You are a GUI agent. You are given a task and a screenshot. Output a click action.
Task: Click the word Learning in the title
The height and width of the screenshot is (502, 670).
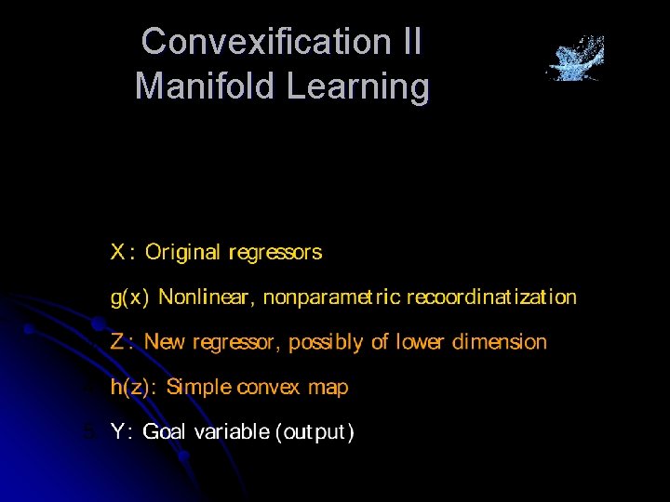(358, 86)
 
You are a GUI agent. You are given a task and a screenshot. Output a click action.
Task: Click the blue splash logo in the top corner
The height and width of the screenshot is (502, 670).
(575, 59)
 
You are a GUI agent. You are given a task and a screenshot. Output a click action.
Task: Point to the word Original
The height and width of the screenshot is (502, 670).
(182, 252)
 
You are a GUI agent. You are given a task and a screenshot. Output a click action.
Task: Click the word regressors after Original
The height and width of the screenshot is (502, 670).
(275, 252)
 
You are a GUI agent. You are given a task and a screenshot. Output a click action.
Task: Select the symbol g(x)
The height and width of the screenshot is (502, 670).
(129, 297)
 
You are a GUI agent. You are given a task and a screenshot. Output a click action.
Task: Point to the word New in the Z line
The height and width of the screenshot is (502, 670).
(165, 342)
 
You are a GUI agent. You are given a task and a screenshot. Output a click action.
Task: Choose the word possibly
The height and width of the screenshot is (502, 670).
(326, 342)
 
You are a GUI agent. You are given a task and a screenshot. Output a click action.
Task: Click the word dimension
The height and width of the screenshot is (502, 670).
(500, 342)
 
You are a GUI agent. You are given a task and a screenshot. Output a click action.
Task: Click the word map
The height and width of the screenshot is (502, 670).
(328, 388)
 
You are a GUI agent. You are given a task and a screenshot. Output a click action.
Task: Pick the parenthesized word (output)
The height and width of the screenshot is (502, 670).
(316, 432)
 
